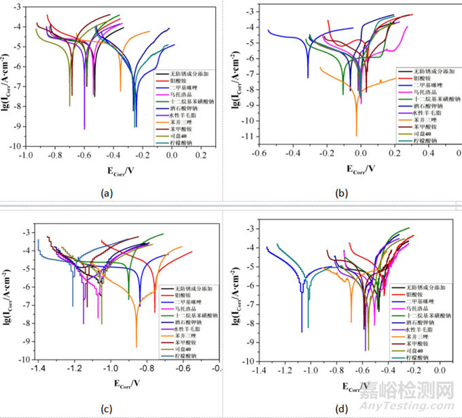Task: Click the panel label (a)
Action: click(x=105, y=193)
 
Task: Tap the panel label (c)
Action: click(x=105, y=408)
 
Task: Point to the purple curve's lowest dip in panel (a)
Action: click(x=84, y=128)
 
